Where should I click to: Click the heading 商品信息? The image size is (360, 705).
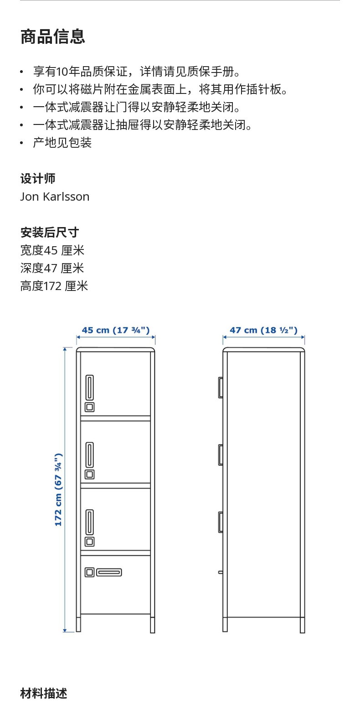(x=52, y=36)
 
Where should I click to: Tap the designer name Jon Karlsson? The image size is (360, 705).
(x=55, y=197)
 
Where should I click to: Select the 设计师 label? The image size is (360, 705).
(x=38, y=178)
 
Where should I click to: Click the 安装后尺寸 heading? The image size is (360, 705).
(x=49, y=232)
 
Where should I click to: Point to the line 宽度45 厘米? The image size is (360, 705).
(x=52, y=250)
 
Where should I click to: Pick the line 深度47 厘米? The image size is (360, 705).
(x=52, y=268)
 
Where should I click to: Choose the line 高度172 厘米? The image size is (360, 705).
(x=54, y=286)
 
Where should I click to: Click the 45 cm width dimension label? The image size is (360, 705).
(x=116, y=330)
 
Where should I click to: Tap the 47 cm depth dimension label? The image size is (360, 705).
(x=263, y=330)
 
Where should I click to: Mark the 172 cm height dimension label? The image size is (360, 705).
(x=58, y=490)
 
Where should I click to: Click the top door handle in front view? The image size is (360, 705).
(x=90, y=387)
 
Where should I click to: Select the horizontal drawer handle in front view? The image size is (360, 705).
(x=109, y=572)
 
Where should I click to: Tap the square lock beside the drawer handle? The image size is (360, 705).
(x=90, y=572)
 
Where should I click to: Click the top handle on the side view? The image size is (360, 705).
(x=221, y=387)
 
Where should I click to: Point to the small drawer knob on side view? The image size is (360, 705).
(x=221, y=572)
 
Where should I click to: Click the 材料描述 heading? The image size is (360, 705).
(x=44, y=693)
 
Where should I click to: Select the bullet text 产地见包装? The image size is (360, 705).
(x=62, y=143)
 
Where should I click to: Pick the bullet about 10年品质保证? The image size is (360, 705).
(x=137, y=72)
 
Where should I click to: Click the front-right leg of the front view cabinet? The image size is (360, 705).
(x=153, y=624)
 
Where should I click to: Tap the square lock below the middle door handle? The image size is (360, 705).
(x=90, y=474)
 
